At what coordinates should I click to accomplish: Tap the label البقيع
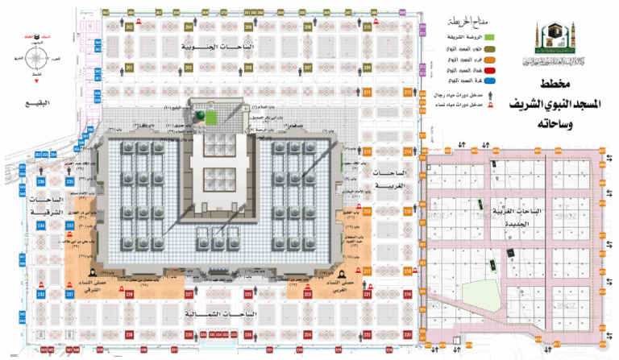pos(35,102)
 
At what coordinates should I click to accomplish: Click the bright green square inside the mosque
pos(210,118)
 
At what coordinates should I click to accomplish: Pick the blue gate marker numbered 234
pos(41,226)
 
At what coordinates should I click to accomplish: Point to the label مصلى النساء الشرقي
pos(85,287)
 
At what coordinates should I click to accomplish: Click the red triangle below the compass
pos(35,81)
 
